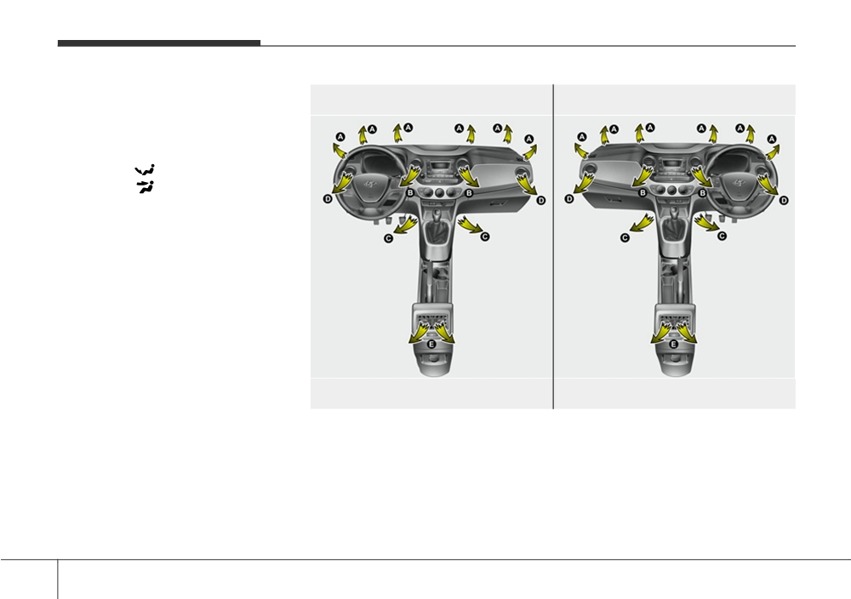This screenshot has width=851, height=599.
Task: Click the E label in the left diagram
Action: [431, 344]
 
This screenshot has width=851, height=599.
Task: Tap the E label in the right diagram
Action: [673, 344]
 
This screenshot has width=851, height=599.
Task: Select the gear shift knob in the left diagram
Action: [435, 215]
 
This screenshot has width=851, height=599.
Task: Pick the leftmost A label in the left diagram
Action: [340, 137]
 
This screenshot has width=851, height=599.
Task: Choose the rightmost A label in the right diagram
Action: [772, 139]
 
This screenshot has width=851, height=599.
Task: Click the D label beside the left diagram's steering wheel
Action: [328, 199]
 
